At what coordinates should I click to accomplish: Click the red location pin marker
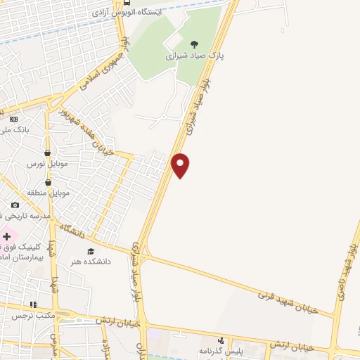181,165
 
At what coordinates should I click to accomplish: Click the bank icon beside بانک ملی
14,120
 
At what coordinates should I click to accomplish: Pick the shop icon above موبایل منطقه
48,182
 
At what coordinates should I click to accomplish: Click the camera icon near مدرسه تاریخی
15,205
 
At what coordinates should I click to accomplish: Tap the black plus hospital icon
8,236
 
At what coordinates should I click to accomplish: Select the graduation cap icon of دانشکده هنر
90,251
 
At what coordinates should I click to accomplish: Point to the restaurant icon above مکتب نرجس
32,304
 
